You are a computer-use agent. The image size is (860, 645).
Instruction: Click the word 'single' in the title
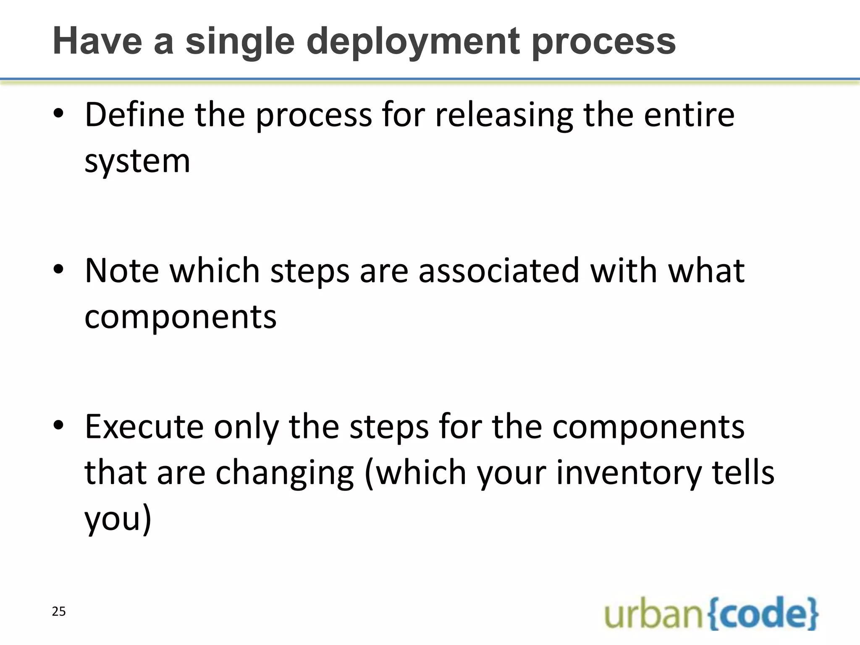[240, 42]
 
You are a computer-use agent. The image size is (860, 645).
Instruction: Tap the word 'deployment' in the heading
[413, 42]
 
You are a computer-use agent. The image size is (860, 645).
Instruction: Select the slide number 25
[59, 611]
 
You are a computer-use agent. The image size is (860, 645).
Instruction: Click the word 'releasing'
[504, 115]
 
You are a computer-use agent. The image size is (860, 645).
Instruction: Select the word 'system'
[137, 161]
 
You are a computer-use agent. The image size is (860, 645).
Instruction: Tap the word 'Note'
[122, 270]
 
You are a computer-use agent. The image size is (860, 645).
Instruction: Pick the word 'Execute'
[144, 427]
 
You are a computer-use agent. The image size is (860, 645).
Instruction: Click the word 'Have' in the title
[97, 42]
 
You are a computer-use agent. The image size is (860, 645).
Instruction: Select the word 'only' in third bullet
[246, 427]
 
